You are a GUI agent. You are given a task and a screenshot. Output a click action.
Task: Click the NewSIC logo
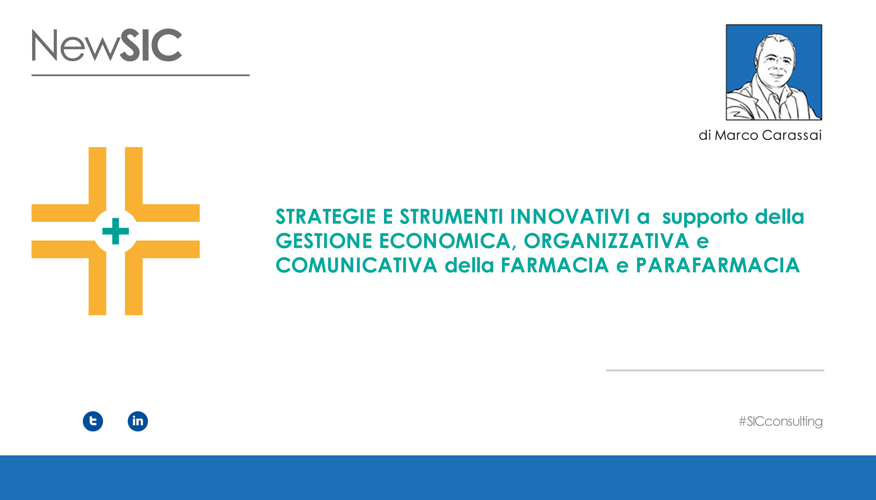107,45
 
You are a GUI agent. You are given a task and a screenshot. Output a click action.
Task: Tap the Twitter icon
93,421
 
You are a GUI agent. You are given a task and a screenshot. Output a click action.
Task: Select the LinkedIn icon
138,421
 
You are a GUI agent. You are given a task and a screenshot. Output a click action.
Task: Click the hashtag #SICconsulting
781,421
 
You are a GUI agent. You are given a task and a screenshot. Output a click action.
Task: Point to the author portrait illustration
774,72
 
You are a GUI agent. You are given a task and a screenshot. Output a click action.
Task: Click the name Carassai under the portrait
792,135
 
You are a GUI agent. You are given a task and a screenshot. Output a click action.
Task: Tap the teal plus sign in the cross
115,231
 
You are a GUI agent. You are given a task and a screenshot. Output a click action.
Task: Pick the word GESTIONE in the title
324,241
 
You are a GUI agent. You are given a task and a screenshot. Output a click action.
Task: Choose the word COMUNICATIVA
357,265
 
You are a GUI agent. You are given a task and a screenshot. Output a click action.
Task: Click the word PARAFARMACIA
718,265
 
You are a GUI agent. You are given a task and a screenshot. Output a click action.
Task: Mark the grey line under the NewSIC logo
140,75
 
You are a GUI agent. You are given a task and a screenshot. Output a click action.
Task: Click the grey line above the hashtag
715,370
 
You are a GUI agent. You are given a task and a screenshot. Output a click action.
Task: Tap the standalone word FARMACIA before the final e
555,265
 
